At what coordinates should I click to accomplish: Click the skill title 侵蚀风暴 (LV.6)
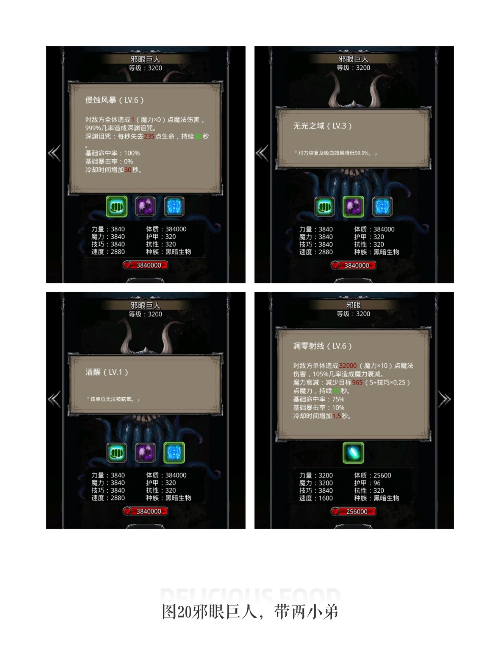[x=114, y=100]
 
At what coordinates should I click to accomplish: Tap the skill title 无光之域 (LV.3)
[x=322, y=126]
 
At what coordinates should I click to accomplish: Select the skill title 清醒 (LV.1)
[x=106, y=372]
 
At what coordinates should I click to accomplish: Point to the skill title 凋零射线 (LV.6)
[x=322, y=346]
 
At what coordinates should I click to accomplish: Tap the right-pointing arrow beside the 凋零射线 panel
[x=444, y=399]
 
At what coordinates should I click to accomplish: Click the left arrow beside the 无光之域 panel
[x=262, y=153]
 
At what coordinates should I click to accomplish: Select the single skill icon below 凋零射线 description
[x=353, y=453]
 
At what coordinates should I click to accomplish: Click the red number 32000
[x=348, y=366]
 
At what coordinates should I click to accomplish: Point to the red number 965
[x=357, y=383]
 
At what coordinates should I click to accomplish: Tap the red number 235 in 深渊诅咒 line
[x=149, y=137]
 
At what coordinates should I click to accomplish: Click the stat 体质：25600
[x=372, y=475]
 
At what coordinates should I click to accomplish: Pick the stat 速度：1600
[x=316, y=498]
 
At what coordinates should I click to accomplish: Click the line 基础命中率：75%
[x=319, y=399]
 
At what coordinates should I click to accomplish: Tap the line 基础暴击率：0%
[x=109, y=162]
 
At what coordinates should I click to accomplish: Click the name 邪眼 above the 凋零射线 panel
[x=353, y=305]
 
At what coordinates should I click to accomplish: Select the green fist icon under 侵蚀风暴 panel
[x=116, y=207]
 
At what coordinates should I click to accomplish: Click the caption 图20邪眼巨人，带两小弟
[x=250, y=612]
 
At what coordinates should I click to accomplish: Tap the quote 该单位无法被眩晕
[x=113, y=399]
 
